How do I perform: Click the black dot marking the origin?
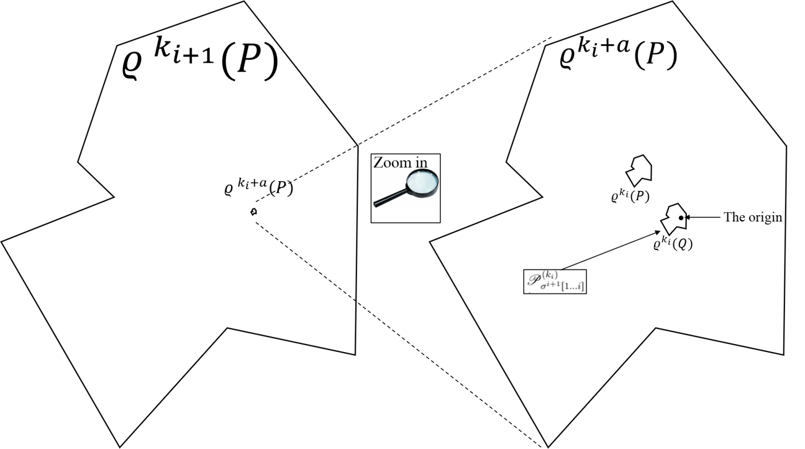[x=680, y=218]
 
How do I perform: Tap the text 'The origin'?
[x=753, y=217]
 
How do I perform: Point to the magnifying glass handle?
[x=391, y=198]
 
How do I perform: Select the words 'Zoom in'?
[x=400, y=163]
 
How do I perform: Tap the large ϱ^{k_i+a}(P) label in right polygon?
[x=618, y=54]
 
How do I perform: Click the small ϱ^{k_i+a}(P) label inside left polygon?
[x=258, y=187]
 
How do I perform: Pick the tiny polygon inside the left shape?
[x=254, y=212]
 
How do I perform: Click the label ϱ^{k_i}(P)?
[x=631, y=196]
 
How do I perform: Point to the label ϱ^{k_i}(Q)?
[x=673, y=243]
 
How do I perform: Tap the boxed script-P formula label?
[x=555, y=282]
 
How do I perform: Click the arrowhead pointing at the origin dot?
[x=687, y=217]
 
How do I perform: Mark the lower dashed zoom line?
[x=398, y=335]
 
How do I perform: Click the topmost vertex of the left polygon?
[x=244, y=2]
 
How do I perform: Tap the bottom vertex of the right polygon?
[x=548, y=447]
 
